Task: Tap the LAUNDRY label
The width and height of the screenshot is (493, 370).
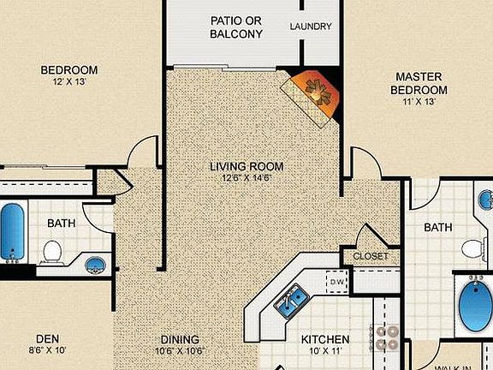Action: [310, 27]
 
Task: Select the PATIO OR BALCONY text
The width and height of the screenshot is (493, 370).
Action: [236, 27]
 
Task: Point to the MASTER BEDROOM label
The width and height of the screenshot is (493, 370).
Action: [419, 84]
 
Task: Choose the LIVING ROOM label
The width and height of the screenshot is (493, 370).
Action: [246, 166]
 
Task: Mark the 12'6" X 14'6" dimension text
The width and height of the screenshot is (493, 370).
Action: [246, 178]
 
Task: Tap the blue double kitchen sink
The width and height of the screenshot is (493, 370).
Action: [293, 300]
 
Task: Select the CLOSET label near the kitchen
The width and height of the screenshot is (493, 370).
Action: [370, 256]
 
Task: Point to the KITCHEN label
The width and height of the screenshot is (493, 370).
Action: [325, 339]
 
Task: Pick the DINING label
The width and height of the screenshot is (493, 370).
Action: [181, 339]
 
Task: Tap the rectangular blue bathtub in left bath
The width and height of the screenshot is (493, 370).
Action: [11, 232]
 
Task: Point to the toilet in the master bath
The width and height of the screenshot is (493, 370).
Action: [473, 249]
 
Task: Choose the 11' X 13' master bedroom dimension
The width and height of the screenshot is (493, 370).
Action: [419, 102]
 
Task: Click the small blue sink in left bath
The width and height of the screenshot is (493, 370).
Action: [96, 264]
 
